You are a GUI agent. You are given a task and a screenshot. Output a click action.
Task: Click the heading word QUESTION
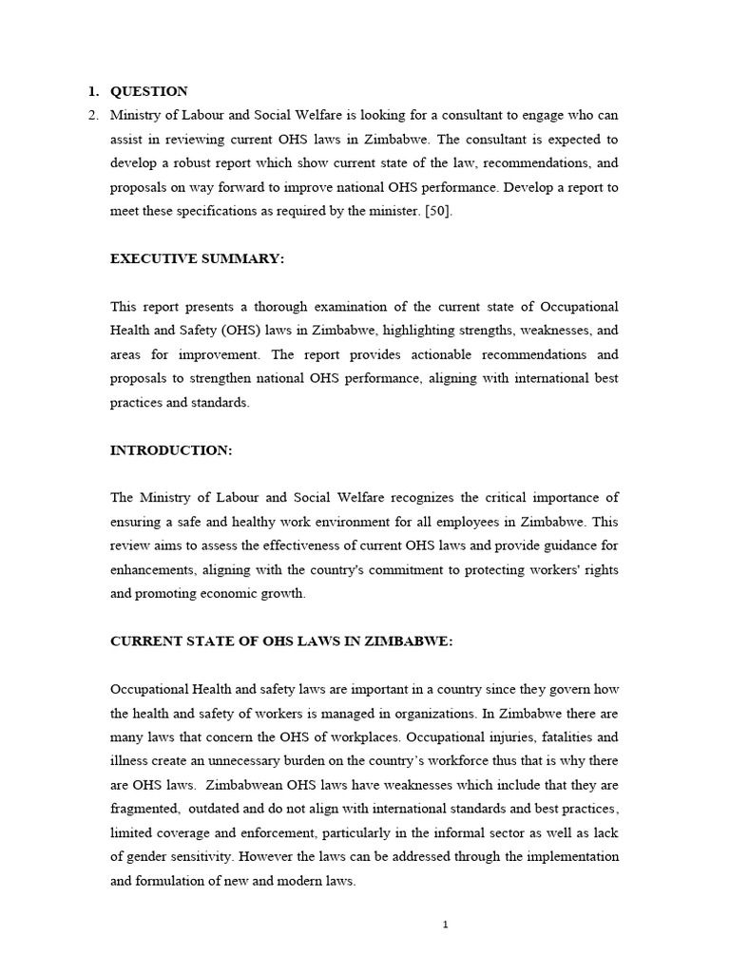point(149,91)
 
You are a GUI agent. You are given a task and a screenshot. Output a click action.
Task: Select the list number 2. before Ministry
point(92,115)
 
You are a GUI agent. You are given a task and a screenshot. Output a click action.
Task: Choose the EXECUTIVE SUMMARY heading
point(197,259)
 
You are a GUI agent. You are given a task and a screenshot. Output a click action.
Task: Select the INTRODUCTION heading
point(171,450)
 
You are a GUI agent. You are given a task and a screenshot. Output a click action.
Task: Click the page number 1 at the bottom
point(445,925)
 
